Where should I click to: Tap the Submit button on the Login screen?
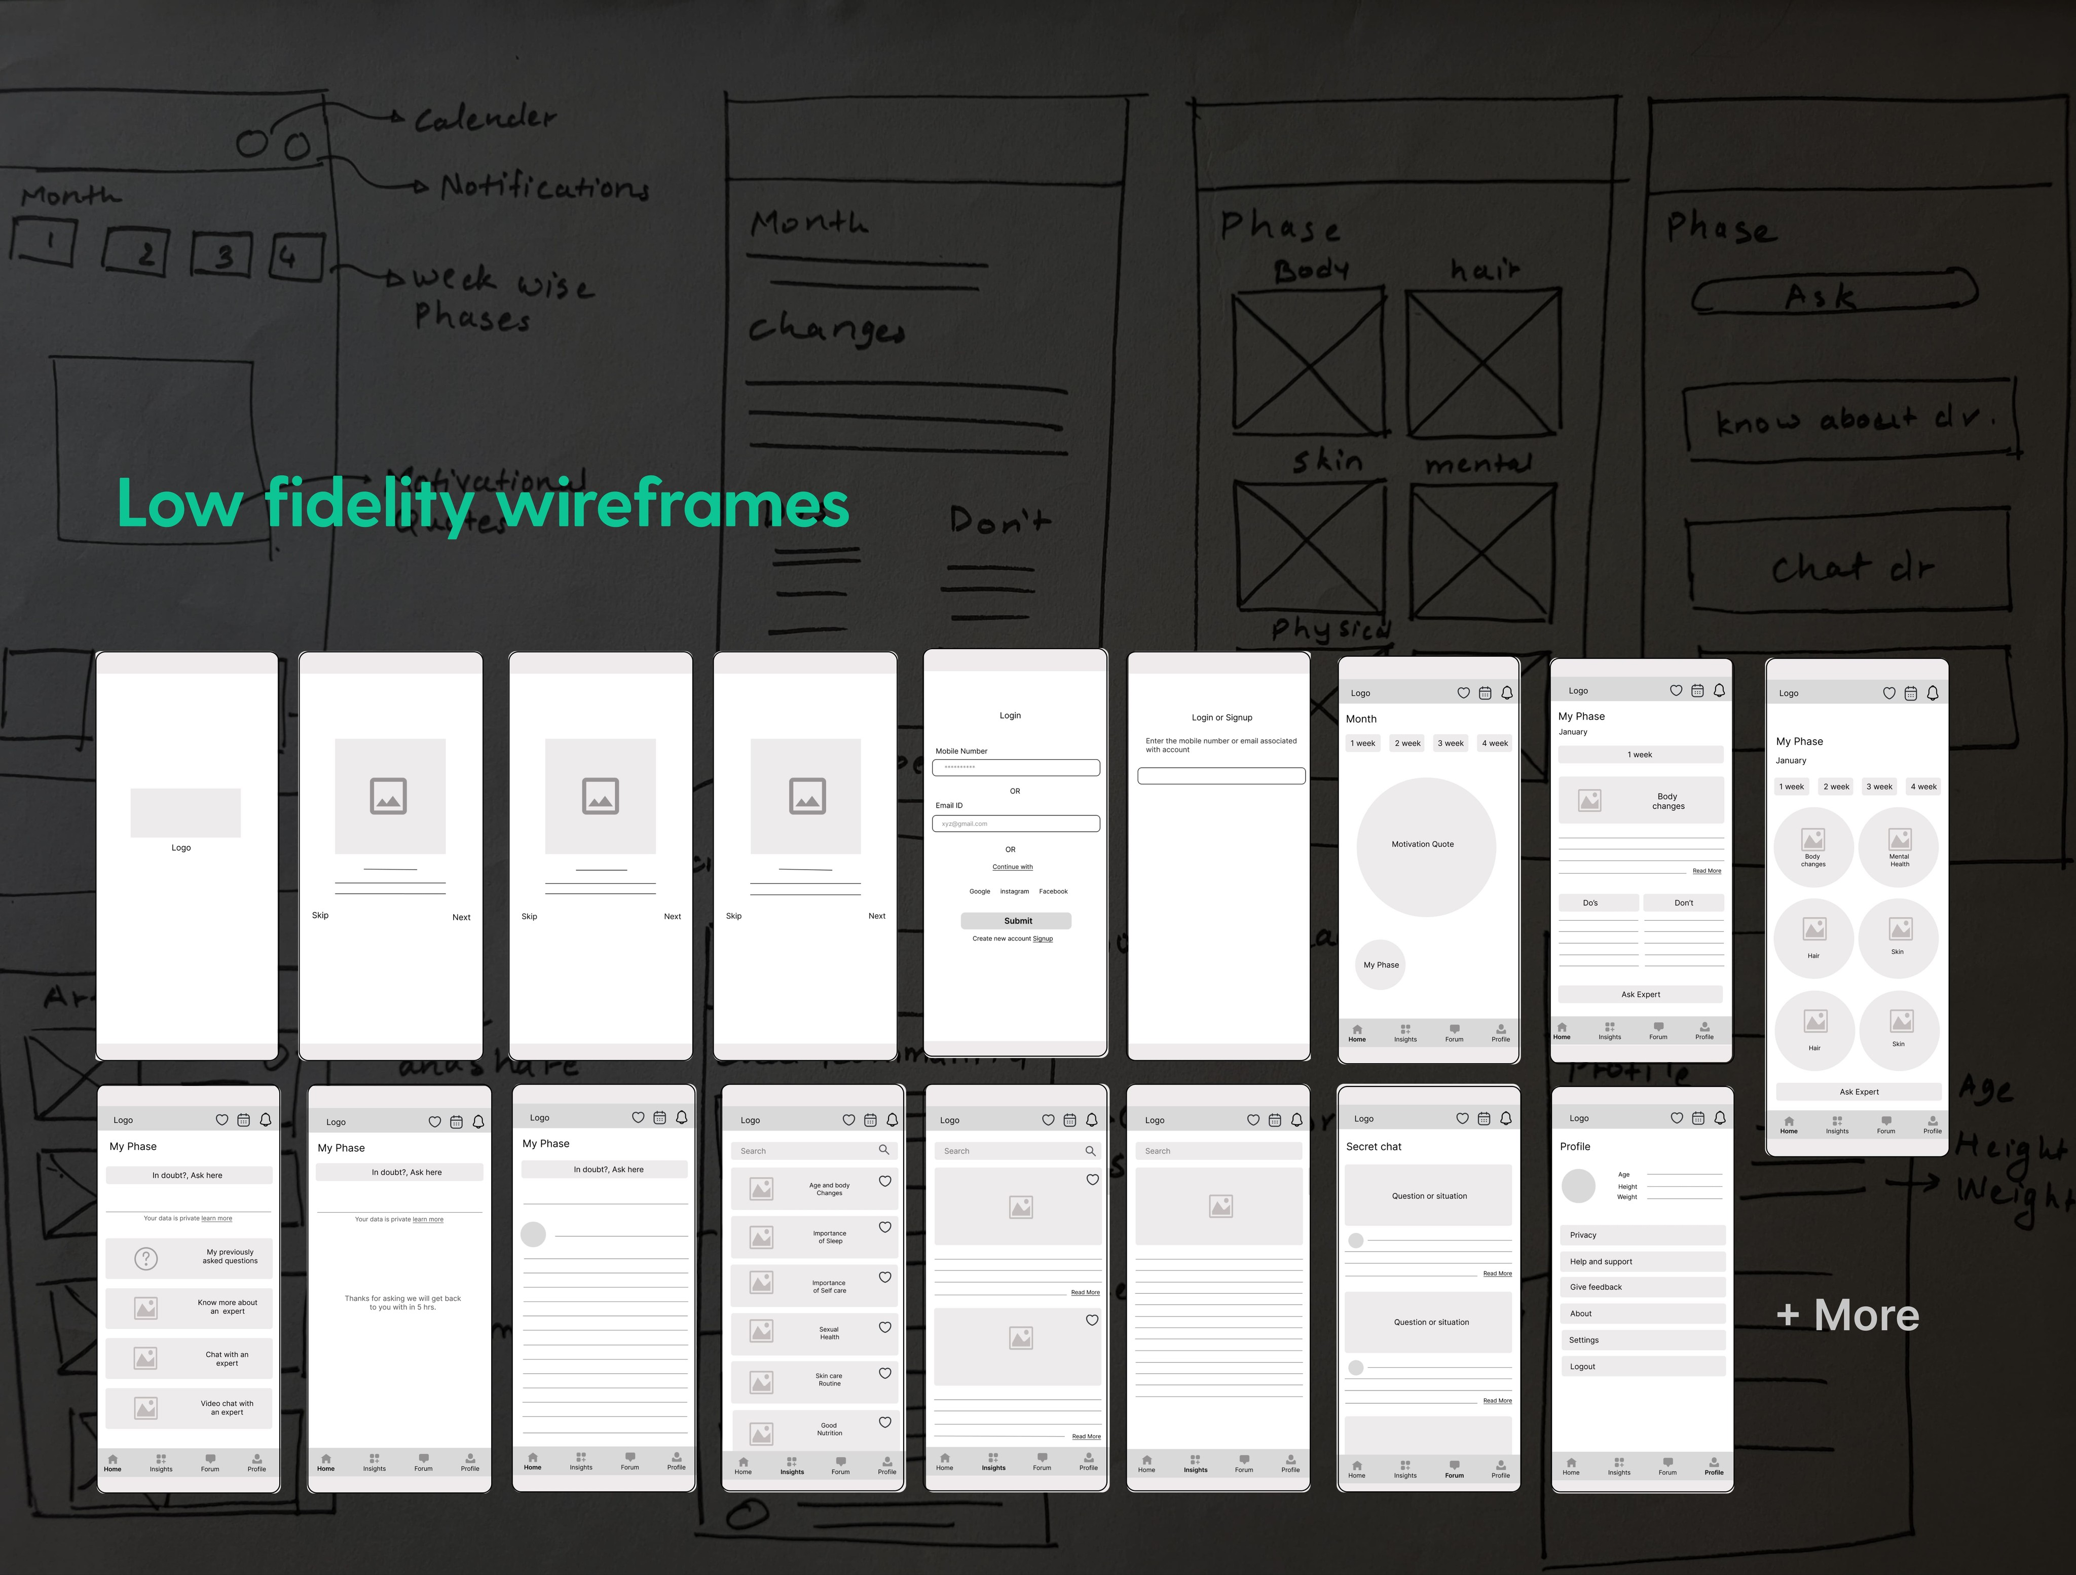pos(1016,921)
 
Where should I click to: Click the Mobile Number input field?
pos(1016,768)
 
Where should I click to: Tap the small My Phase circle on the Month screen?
pos(1381,965)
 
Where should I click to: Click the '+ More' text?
pos(1847,1316)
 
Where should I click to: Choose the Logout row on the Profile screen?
pos(1642,1367)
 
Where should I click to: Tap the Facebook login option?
pos(1053,892)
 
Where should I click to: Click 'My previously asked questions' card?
pos(189,1258)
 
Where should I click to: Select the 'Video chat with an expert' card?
pos(189,1408)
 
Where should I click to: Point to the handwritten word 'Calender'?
pos(485,118)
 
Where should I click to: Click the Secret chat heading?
pos(1373,1147)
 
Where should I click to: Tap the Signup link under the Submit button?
pos(1043,939)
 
